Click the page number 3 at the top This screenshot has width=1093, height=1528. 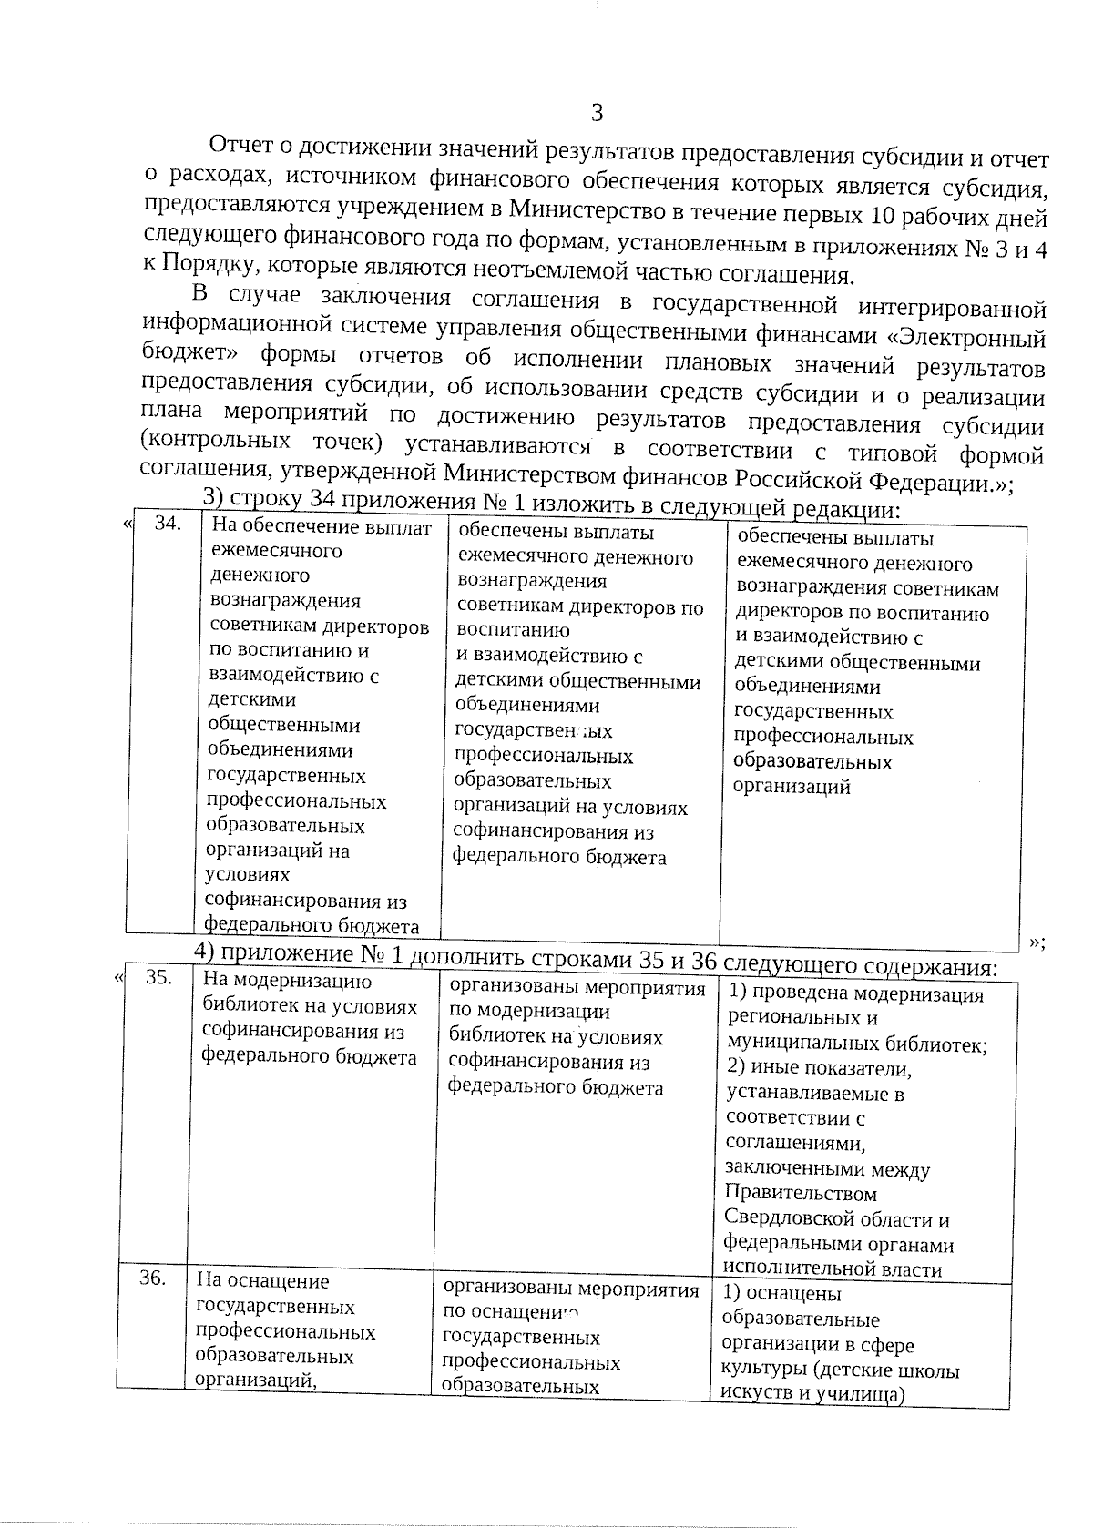(598, 114)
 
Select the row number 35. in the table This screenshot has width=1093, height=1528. (158, 977)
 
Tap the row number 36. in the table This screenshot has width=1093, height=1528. (152, 1278)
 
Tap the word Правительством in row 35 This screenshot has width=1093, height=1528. (802, 1194)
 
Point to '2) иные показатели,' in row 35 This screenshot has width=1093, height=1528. (819, 1068)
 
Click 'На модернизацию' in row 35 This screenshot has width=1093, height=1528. (286, 981)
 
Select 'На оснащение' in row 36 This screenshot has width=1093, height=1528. (262, 1280)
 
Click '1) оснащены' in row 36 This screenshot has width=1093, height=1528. (781, 1293)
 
